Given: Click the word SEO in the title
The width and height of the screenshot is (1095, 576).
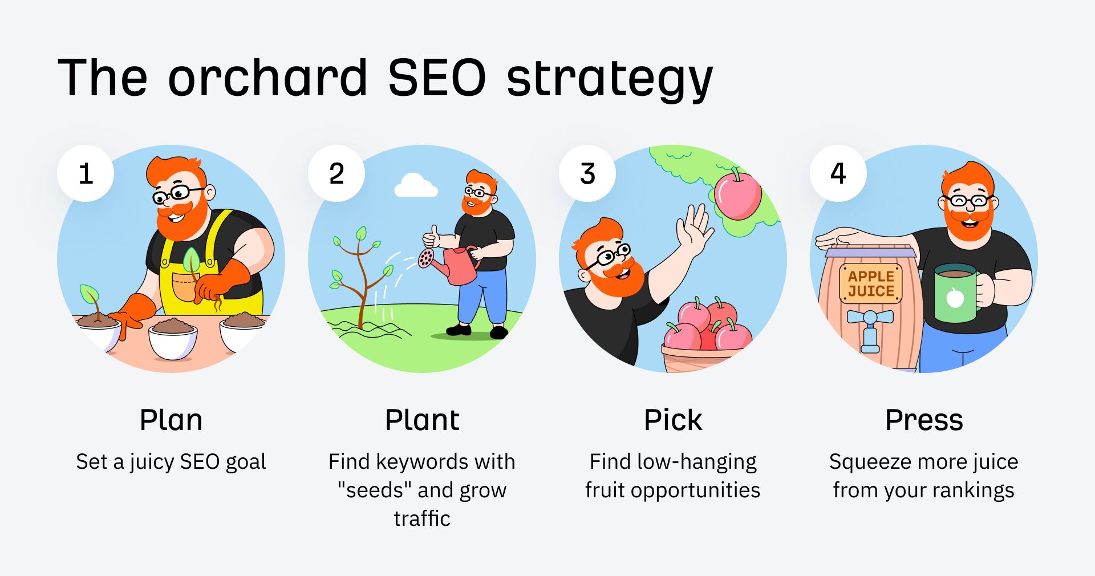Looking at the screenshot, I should (437, 78).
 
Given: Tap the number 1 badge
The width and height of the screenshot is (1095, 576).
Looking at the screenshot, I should (86, 173).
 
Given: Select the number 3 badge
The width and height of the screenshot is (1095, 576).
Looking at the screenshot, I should (587, 173).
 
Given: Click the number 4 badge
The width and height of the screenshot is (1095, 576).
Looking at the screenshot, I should (838, 173).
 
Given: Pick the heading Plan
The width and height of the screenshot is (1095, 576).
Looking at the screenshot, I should (171, 420).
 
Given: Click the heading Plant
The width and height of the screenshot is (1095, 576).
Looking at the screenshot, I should (422, 420).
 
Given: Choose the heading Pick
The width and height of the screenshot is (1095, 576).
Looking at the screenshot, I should (673, 420).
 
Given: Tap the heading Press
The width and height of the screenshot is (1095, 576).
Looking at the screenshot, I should (924, 420).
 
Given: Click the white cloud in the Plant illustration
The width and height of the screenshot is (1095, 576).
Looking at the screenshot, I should (416, 186).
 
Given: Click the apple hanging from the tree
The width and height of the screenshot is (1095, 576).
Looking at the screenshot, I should (738, 196).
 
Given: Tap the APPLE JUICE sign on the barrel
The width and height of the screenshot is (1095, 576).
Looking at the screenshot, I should (871, 283).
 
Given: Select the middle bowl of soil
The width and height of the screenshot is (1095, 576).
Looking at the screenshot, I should (173, 339).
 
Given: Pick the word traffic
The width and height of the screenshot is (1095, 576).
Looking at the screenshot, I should (422, 518).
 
